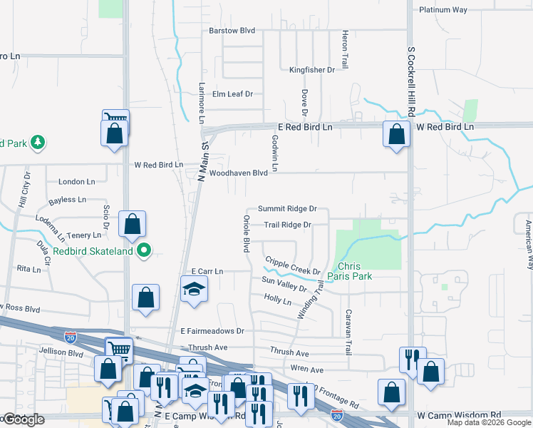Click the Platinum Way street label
(x=443, y=10)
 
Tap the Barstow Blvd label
(x=232, y=31)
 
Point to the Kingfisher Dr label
(x=311, y=70)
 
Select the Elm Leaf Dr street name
(x=232, y=93)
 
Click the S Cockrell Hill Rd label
(x=411, y=83)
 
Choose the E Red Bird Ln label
(x=305, y=127)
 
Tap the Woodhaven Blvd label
(x=238, y=173)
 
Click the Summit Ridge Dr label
(x=286, y=209)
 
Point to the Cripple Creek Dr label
(x=293, y=266)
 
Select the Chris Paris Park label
(x=350, y=270)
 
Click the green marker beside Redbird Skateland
(x=145, y=250)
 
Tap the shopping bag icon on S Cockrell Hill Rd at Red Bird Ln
(x=395, y=133)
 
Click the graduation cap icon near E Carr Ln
(x=193, y=290)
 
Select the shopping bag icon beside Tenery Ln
(x=132, y=224)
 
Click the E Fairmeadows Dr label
(x=212, y=331)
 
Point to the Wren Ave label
(x=307, y=370)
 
